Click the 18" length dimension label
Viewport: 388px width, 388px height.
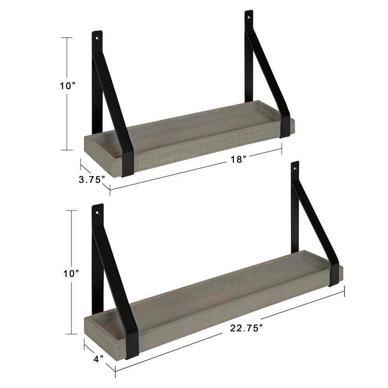[x=238, y=159]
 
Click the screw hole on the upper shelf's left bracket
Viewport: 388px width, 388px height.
[x=97, y=39]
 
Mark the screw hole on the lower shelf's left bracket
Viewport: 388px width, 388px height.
[x=97, y=212]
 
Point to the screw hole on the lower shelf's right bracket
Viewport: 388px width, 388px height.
[x=295, y=169]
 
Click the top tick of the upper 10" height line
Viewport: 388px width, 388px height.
[x=67, y=38]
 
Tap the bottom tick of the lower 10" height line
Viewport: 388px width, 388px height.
[x=71, y=334]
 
